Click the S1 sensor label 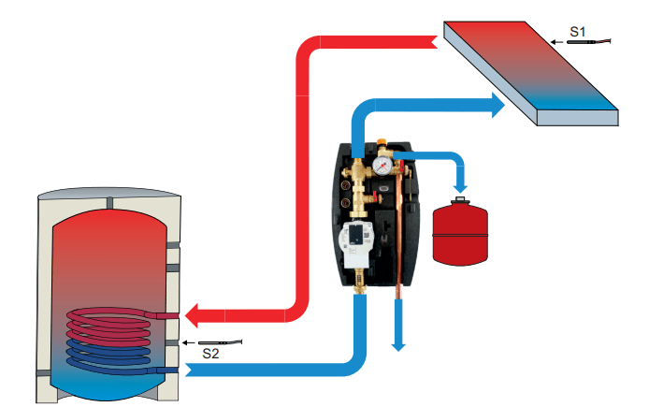[x=578, y=32]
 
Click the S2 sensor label [x=210, y=355]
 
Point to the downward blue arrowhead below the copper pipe [x=398, y=344]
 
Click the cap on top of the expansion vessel [x=458, y=199]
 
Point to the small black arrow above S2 [x=189, y=342]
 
